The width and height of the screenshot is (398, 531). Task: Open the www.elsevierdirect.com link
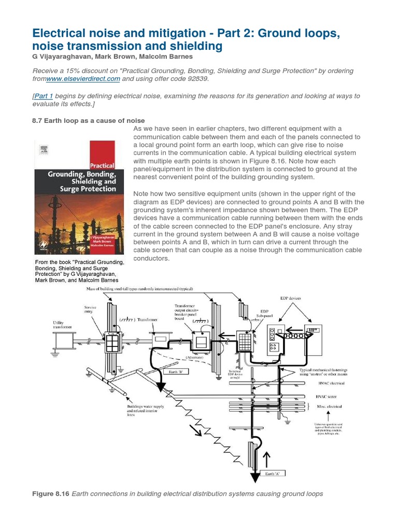tap(83, 79)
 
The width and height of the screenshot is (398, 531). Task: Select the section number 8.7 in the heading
tap(39, 120)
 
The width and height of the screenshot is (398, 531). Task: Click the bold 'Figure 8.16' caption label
tap(51, 493)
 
